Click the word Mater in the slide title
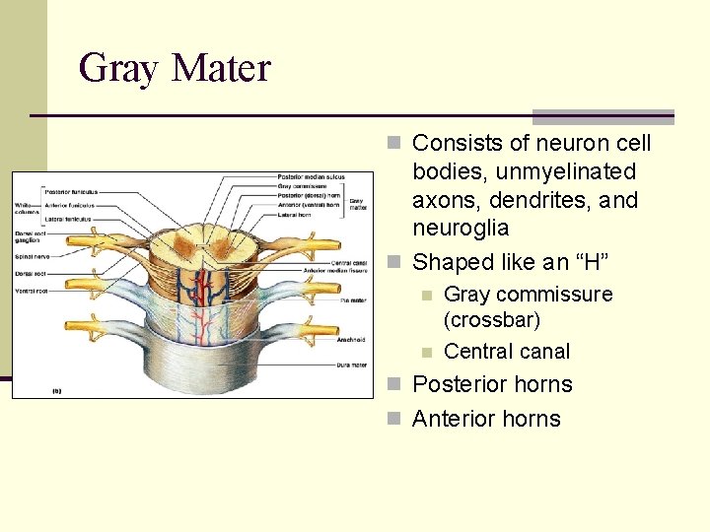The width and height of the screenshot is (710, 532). (x=221, y=69)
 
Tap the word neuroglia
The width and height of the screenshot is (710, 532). (x=461, y=229)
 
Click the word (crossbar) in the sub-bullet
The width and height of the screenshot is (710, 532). (x=492, y=320)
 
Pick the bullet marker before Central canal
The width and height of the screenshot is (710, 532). (x=426, y=352)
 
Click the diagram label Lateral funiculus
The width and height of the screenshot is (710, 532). (x=67, y=219)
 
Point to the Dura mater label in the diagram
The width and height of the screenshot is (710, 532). (x=349, y=366)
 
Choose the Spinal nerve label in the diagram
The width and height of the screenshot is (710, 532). (x=30, y=256)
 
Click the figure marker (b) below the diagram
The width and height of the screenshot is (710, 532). (x=57, y=390)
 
